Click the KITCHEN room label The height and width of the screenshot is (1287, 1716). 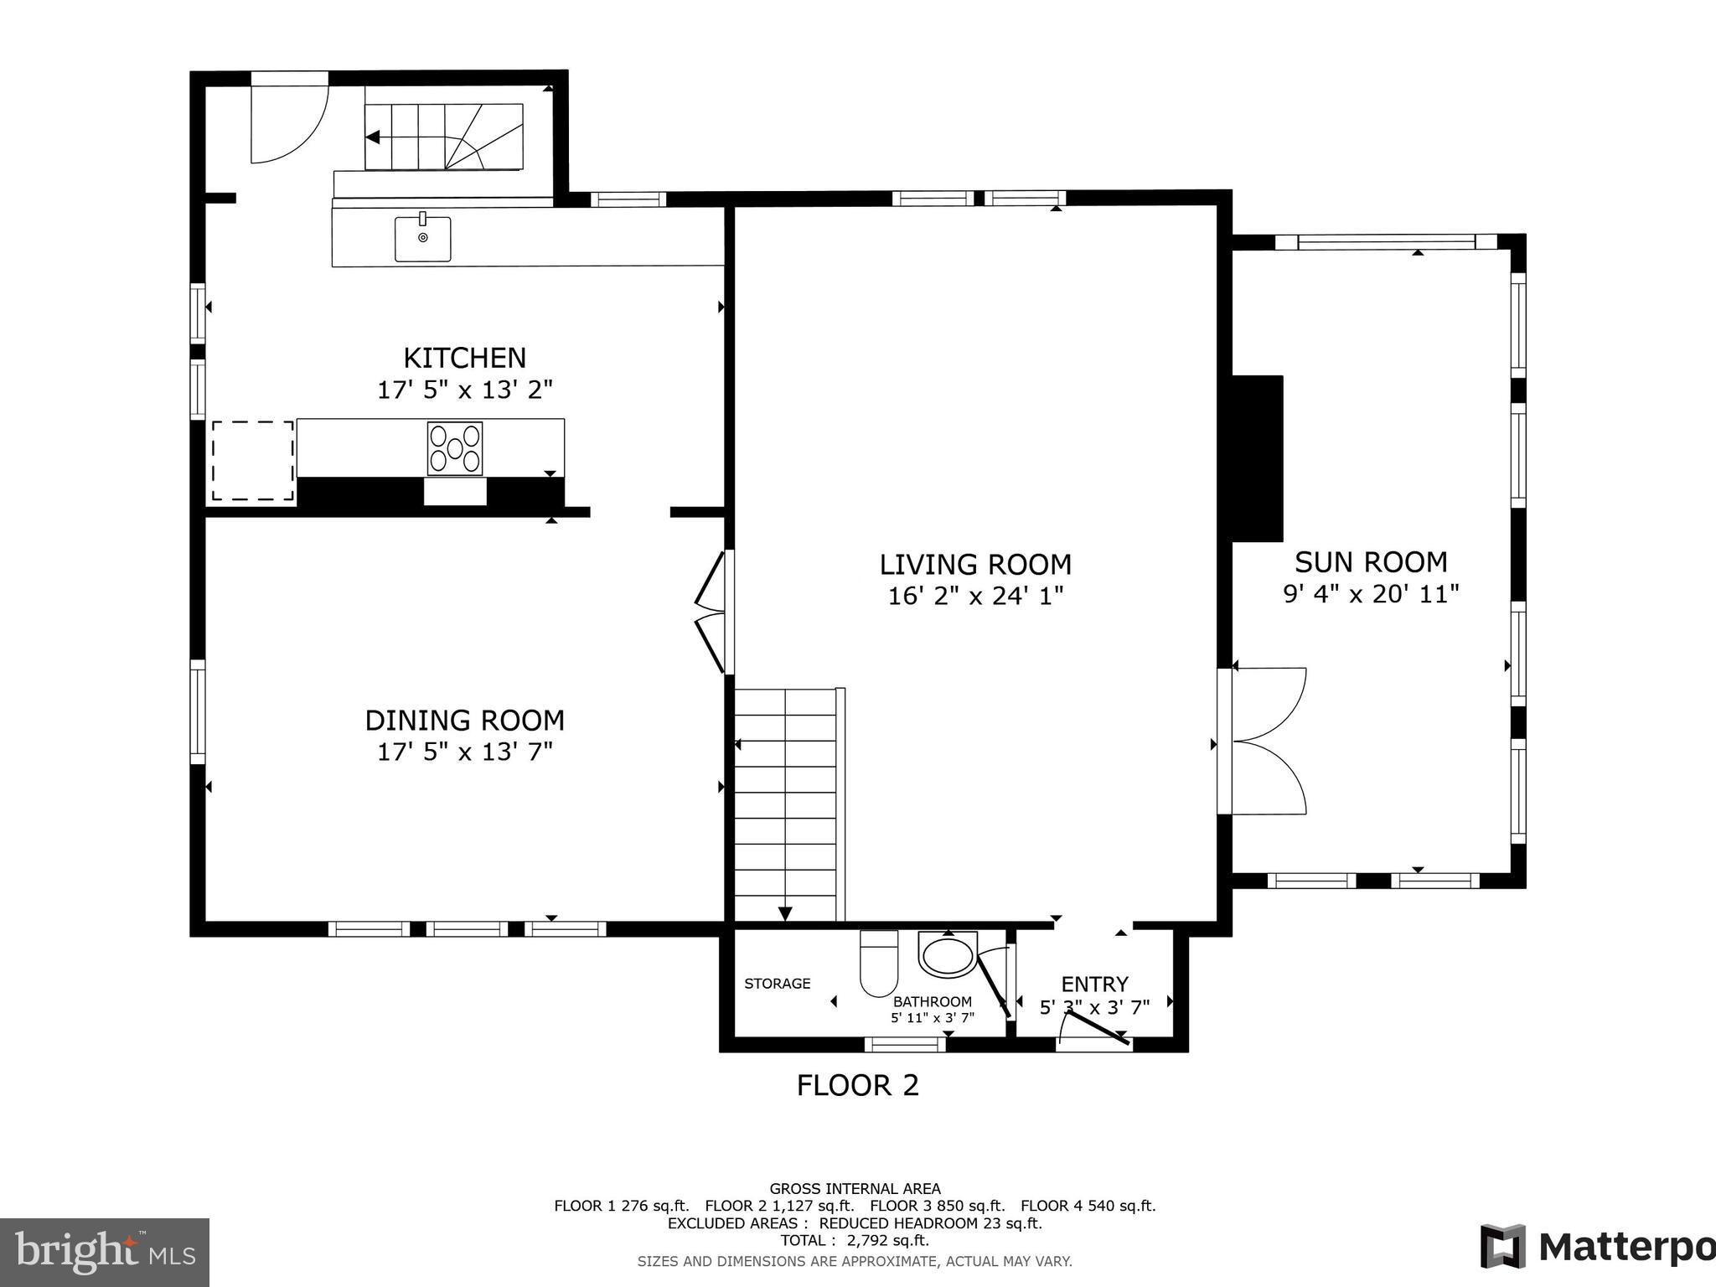[x=464, y=358]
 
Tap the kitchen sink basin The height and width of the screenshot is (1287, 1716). [x=423, y=239]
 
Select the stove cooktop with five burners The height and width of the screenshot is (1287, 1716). [x=455, y=449]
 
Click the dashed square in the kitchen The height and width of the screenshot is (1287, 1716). [x=252, y=461]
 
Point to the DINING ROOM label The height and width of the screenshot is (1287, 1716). [x=464, y=721]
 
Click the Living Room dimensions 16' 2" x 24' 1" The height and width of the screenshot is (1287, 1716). [x=975, y=597]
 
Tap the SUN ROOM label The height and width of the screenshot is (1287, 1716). [x=1371, y=561]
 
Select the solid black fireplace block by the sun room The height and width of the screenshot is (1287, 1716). [x=1257, y=458]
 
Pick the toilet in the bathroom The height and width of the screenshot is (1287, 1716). [x=879, y=964]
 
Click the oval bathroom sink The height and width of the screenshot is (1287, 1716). [x=948, y=955]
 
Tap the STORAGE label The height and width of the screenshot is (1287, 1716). [x=778, y=984]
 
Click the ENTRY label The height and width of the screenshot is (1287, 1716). [x=1094, y=984]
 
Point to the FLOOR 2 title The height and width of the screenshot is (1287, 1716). [x=857, y=1086]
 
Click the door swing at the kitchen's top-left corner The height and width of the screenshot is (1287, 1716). [x=288, y=121]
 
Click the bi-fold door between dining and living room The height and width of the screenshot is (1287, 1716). [x=711, y=611]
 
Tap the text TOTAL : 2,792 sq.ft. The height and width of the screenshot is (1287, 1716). [x=855, y=1240]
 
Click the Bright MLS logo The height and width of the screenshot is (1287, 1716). [x=105, y=1252]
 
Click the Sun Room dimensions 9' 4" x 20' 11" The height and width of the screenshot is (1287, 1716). [x=1371, y=594]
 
